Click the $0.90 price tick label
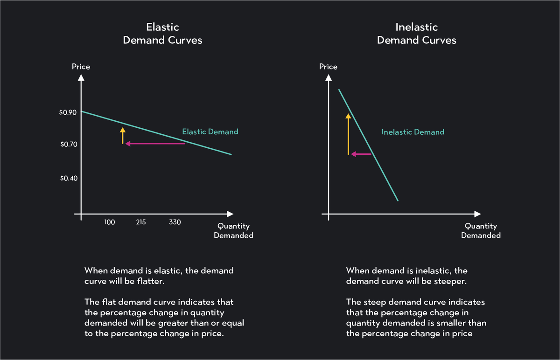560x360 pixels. click(68, 112)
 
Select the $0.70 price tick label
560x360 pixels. click(68, 145)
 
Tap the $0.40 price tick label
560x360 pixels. click(68, 179)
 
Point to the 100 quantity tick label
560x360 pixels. click(110, 222)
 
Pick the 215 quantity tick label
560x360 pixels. click(140, 222)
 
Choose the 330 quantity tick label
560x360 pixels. click(175, 222)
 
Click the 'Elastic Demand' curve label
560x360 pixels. click(210, 132)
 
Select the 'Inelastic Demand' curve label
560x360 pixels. click(413, 132)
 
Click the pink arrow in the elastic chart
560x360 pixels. click(155, 144)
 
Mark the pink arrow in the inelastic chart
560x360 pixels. click(361, 154)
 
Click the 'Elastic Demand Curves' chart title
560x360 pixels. click(162, 34)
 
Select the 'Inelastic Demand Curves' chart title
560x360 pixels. click(416, 34)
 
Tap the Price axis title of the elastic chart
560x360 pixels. click(81, 67)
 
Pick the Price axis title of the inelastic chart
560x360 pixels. click(328, 67)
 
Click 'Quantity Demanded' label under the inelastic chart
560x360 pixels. click(481, 231)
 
